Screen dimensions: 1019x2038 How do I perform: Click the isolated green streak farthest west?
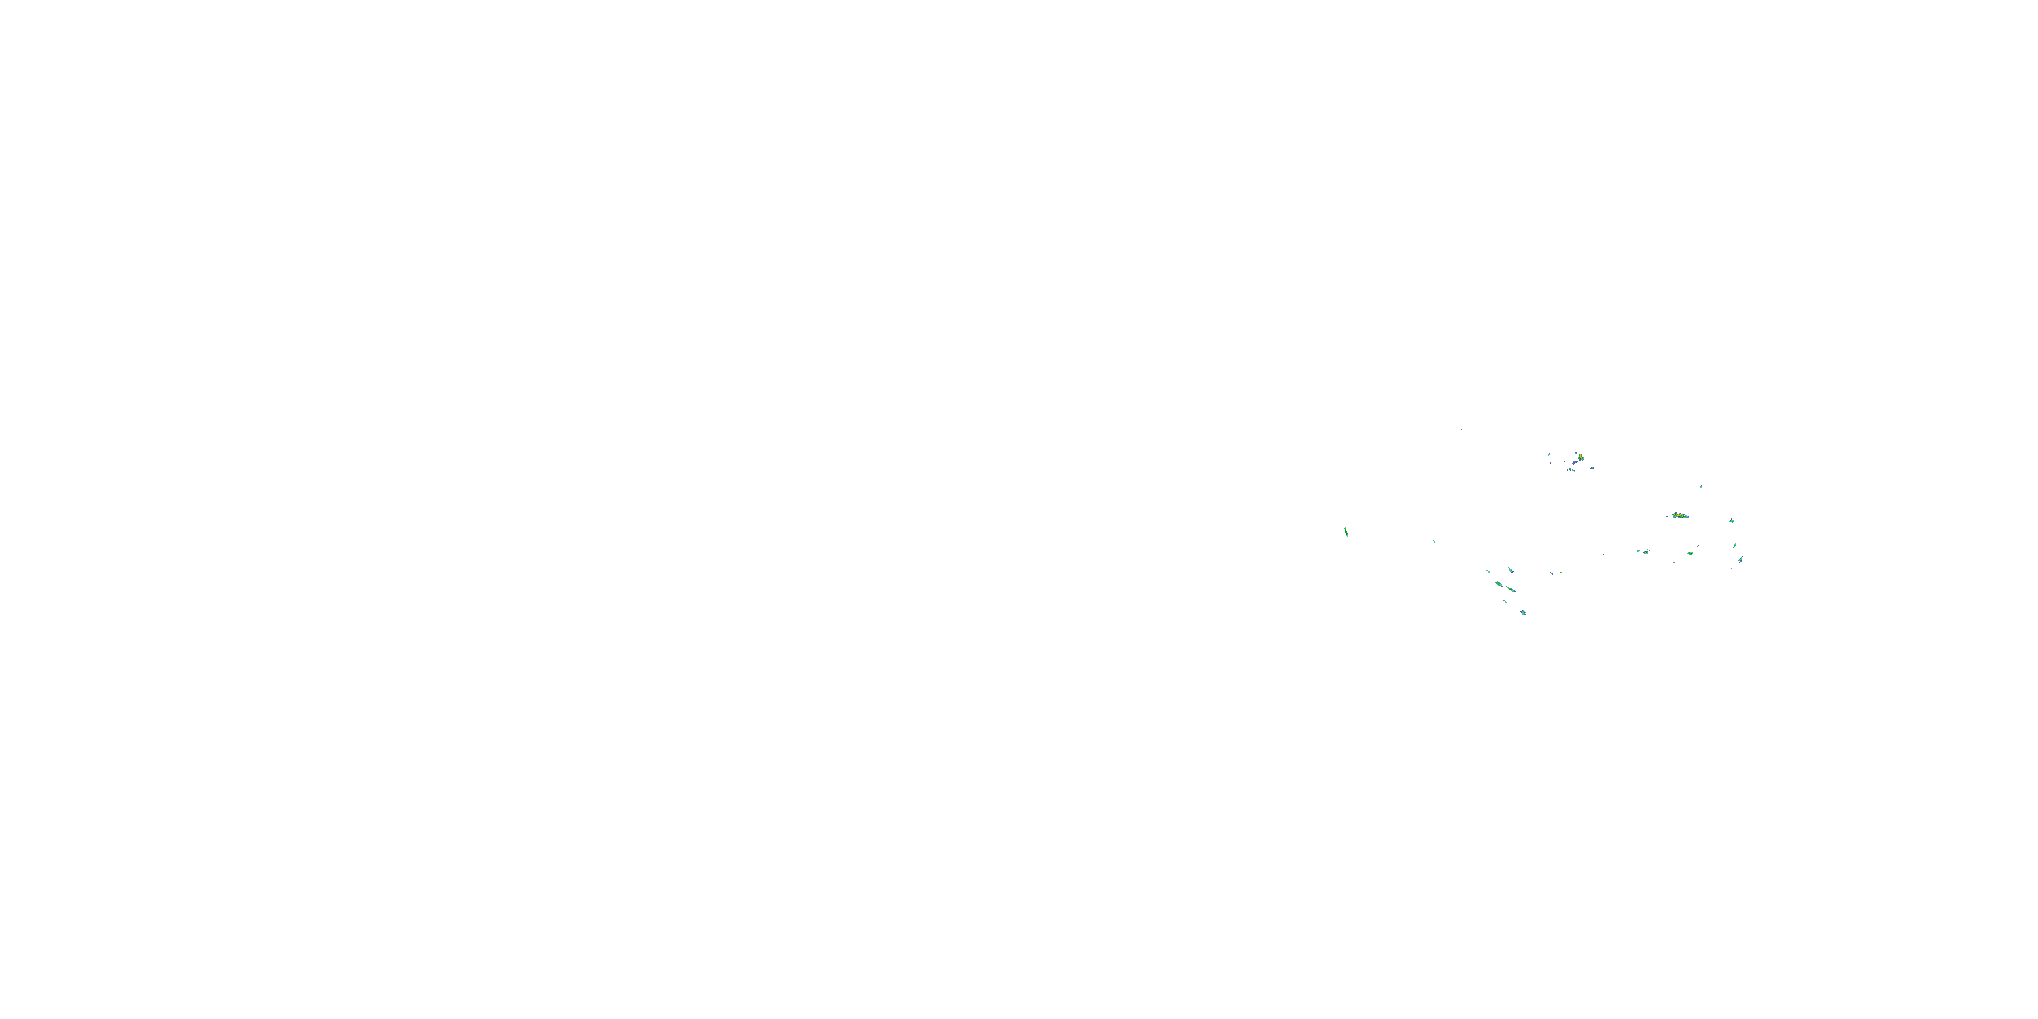click(x=1346, y=533)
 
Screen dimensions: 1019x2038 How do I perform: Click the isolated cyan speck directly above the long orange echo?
click(x=1701, y=487)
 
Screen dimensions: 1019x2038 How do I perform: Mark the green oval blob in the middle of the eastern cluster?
click(x=1690, y=554)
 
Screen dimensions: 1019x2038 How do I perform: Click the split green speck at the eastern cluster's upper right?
click(x=1732, y=521)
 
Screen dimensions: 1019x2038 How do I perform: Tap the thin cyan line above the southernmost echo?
click(x=1505, y=601)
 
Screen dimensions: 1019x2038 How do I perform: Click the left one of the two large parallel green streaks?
click(x=1499, y=584)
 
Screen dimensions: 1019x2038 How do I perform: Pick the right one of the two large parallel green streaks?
click(x=1511, y=590)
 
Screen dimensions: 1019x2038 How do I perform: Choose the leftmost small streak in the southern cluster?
click(x=1488, y=572)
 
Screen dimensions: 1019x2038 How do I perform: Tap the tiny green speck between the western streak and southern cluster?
click(x=1434, y=542)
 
